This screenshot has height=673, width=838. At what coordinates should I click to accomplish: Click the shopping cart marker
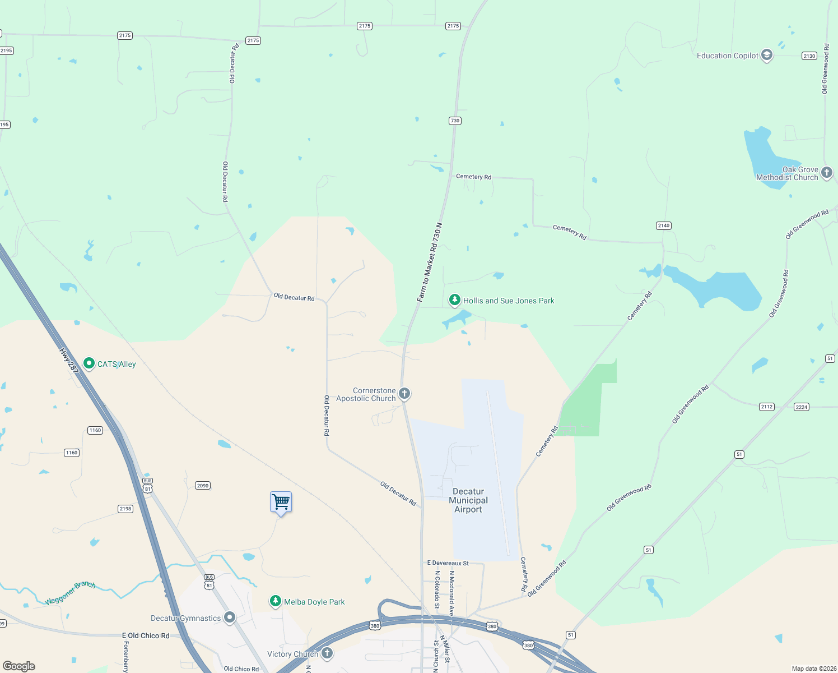(x=281, y=502)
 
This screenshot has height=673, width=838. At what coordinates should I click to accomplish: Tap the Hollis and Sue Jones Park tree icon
(x=455, y=301)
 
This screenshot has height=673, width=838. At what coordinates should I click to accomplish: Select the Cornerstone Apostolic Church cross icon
(x=404, y=394)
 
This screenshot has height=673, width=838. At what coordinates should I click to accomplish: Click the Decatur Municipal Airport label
(x=468, y=500)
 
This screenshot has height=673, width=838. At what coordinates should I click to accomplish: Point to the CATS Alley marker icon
(x=89, y=363)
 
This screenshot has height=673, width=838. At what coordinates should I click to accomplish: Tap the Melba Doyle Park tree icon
(x=275, y=601)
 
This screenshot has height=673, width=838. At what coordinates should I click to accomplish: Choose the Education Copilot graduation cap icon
(x=767, y=55)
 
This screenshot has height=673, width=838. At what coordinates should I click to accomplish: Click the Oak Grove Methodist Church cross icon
(x=827, y=173)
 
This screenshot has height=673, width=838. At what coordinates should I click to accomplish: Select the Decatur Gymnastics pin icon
(x=230, y=617)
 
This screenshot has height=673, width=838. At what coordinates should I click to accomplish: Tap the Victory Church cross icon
(x=327, y=653)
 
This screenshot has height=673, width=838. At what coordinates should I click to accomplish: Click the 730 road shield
(x=455, y=121)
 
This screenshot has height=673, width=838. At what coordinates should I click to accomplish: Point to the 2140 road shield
(x=664, y=225)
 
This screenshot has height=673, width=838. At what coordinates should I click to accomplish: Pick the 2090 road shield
(x=203, y=486)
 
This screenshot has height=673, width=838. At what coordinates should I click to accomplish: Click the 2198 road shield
(x=125, y=509)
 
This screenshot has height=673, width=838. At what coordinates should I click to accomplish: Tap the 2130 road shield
(x=809, y=56)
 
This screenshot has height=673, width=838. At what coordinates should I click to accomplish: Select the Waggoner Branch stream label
(x=70, y=592)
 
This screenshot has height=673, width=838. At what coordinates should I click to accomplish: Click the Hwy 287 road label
(x=69, y=361)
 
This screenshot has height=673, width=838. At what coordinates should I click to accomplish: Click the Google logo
(x=19, y=666)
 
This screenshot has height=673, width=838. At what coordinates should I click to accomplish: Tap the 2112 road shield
(x=767, y=407)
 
